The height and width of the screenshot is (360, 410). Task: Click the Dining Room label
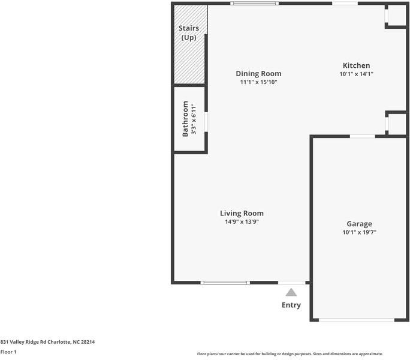coord(258,74)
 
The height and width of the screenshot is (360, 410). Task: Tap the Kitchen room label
coord(356,66)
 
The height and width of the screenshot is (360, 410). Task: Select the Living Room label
coord(242,213)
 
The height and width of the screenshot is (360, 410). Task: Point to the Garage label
coord(359,224)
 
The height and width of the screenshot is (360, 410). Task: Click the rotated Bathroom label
coord(185,119)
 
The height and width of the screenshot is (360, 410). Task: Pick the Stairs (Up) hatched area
coord(189,45)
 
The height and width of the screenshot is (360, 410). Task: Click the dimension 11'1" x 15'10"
coord(258,82)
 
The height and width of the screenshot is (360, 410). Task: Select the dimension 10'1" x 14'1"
coord(356,74)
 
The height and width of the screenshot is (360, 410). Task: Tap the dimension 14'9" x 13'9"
coord(242,221)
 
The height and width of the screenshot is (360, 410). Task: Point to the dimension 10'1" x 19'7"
coord(359,232)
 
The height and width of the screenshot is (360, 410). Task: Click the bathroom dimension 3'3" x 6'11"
coord(194,119)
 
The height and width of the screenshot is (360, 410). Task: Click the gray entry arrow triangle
coord(291,292)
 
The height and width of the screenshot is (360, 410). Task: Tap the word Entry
coord(291,305)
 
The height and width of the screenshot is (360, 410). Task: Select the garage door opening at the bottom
coord(356,320)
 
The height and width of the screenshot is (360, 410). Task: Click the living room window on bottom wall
coord(225,282)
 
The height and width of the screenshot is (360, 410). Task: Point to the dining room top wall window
coord(255,4)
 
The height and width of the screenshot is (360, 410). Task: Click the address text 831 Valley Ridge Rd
coord(47,342)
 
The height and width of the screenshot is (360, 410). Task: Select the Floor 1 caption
coord(8,352)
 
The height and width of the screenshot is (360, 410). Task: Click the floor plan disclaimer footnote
coord(290,354)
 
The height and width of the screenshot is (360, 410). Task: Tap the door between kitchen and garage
coord(362,137)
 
